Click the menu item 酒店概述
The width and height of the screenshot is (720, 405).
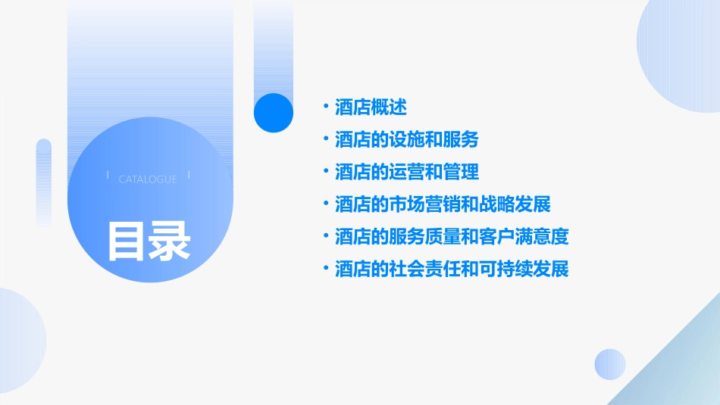pyautogui.click(x=371, y=107)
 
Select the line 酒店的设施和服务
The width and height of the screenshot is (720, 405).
pyautogui.click(x=407, y=140)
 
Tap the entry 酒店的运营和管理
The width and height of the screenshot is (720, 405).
pyautogui.click(x=407, y=172)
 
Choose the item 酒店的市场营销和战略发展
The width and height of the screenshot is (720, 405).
pyautogui.click(x=443, y=204)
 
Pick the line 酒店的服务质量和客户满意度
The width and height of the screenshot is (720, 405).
pyautogui.click(x=452, y=237)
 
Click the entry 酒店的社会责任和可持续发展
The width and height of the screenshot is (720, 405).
pyautogui.click(x=452, y=269)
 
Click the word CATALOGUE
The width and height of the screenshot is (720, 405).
pyautogui.click(x=148, y=179)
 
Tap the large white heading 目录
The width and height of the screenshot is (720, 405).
pyautogui.click(x=149, y=241)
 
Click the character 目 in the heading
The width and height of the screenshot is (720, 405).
pyautogui.click(x=127, y=241)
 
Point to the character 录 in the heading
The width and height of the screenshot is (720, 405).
pyautogui.click(x=170, y=241)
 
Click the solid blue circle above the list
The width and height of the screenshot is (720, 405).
pyautogui.click(x=274, y=113)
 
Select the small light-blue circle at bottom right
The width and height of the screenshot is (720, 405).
pyautogui.click(x=610, y=364)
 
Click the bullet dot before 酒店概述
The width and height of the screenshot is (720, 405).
pyautogui.click(x=326, y=107)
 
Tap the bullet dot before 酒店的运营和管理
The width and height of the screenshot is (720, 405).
pyautogui.click(x=326, y=171)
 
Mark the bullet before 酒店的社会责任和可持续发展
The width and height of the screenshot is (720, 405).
pyautogui.click(x=326, y=268)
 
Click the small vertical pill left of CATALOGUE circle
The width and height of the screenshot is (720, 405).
pyautogui.click(x=44, y=182)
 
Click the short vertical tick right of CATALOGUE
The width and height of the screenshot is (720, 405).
pyautogui.click(x=188, y=176)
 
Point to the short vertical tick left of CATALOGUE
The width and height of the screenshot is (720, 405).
pyautogui.click(x=108, y=176)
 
